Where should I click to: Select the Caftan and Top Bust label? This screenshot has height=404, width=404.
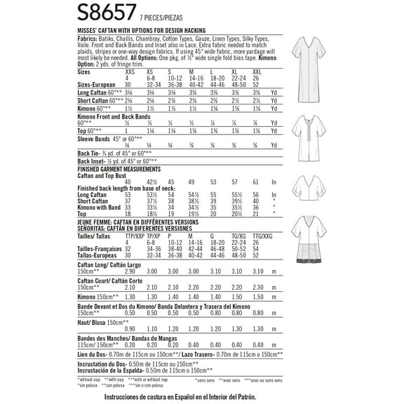105,175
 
